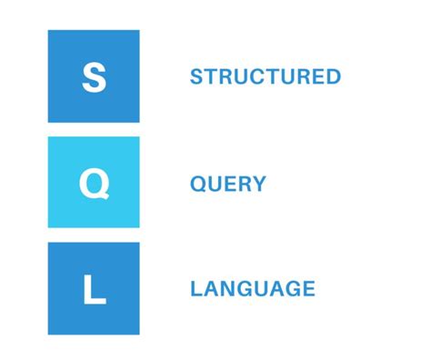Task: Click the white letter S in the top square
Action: coord(94,77)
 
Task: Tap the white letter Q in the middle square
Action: coord(94,184)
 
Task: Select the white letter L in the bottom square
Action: coord(95,290)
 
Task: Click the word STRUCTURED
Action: coord(265,77)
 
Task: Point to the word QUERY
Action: coord(227,184)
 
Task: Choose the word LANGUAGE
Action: coord(252,290)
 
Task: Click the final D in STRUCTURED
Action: coord(334,77)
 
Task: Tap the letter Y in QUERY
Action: coord(259,184)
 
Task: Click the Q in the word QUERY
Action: coord(197,184)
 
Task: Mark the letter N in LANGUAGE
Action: coord(228,290)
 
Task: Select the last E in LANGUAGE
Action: coord(308,290)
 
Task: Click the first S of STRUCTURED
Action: coord(196,77)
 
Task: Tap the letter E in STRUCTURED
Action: coord(317,77)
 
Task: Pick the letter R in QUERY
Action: coord(244,184)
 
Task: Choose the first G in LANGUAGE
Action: coord(245,290)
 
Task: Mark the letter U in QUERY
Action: coord(214,184)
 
